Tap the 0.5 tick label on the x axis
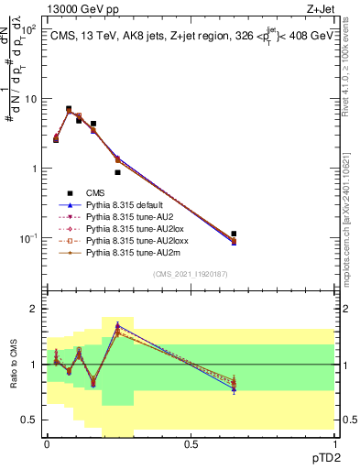click(191, 442)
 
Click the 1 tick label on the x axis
click(334, 442)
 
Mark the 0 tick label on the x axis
click(47, 442)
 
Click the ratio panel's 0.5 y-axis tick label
click(32, 420)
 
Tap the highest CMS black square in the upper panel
click(69, 109)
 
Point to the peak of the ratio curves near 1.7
click(117, 324)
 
